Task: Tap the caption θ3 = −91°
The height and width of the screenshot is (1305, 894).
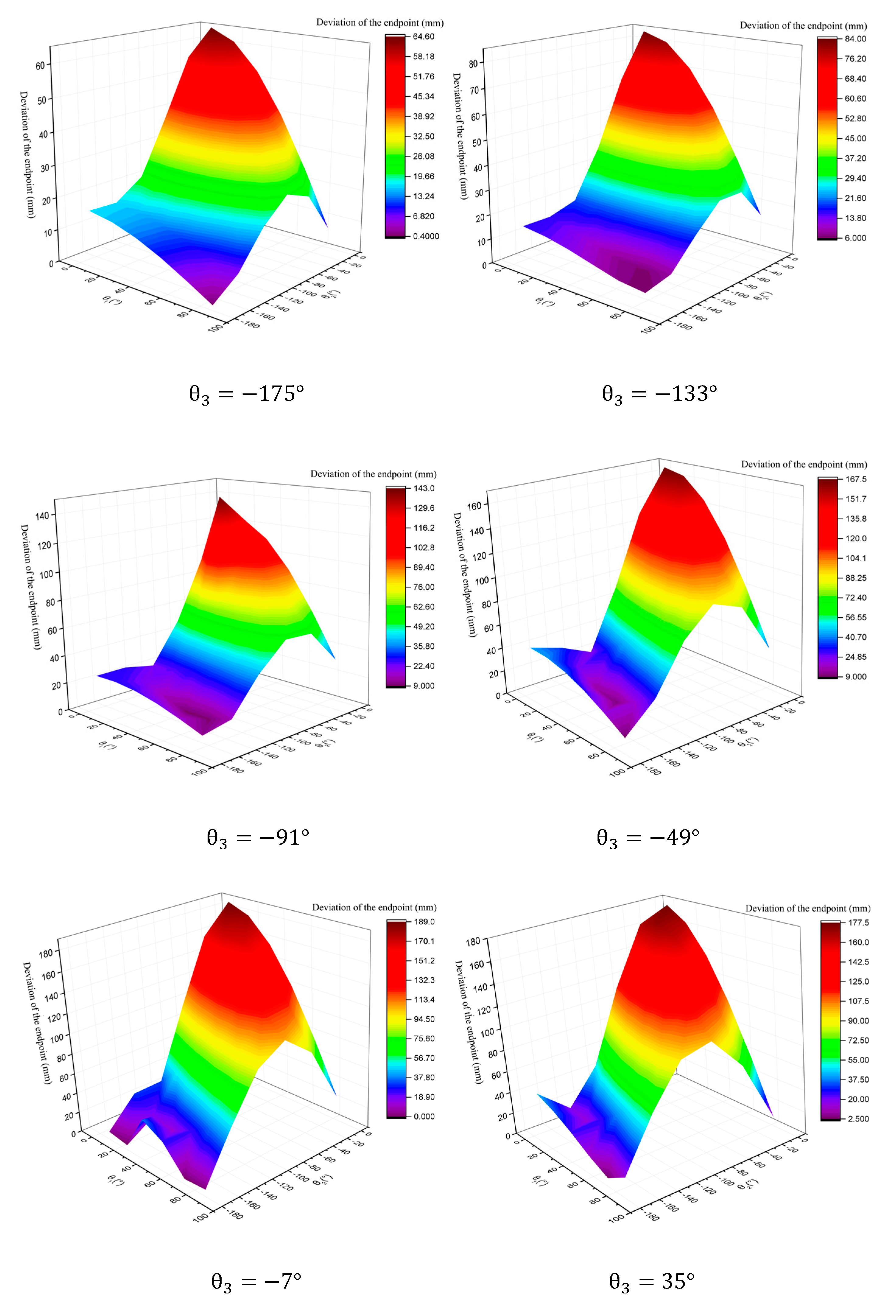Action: [258, 838]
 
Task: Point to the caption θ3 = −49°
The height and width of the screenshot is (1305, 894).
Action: [648, 838]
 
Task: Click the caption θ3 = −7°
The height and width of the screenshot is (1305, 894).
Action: [256, 1281]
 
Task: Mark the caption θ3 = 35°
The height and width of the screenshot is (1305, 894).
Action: [652, 1281]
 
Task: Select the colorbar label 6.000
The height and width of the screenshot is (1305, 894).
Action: [855, 238]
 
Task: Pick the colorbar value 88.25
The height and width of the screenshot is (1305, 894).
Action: [856, 578]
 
